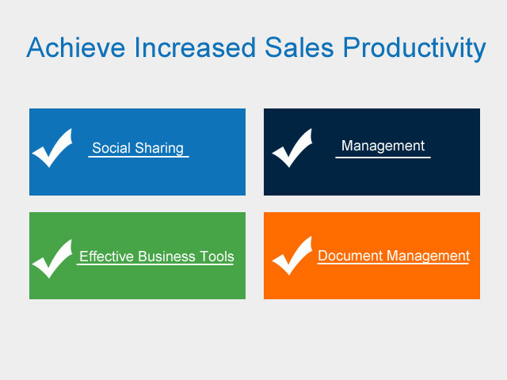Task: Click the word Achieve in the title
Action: (x=76, y=47)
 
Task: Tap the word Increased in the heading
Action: (x=195, y=47)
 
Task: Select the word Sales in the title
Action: (x=299, y=47)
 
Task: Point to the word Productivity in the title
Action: (x=414, y=49)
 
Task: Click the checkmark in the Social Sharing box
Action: (x=52, y=148)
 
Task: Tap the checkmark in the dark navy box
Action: (x=292, y=148)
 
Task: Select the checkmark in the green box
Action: (x=52, y=259)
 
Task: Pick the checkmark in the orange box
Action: (x=292, y=256)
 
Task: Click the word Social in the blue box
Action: (x=111, y=148)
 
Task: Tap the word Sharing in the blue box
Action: (x=159, y=149)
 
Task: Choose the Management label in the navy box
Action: (x=383, y=146)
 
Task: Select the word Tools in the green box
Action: (x=216, y=256)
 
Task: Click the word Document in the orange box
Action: (x=350, y=256)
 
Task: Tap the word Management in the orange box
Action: (x=429, y=256)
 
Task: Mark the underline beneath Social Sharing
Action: (x=139, y=157)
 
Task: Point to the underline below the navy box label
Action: (x=383, y=158)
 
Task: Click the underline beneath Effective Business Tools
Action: (x=155, y=264)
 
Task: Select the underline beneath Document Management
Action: (x=393, y=264)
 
